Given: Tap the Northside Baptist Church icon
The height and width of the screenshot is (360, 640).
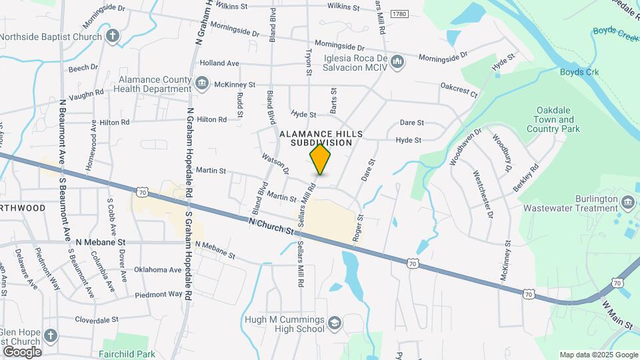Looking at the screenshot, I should point(113,36).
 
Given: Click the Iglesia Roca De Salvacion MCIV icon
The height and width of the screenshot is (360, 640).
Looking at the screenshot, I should point(397,63).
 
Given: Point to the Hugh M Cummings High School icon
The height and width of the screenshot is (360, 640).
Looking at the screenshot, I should point(334,324).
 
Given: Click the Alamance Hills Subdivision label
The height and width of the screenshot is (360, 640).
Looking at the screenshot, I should point(321,138).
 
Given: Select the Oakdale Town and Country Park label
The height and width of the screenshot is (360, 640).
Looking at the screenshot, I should point(557,119).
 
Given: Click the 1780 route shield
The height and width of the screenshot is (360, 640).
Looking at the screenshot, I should point(399,13).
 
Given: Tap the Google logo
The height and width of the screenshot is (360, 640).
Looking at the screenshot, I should point(21,351).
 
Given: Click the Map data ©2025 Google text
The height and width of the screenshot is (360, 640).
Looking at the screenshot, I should point(599,355).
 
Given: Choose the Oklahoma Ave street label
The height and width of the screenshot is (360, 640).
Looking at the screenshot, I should point(157,270).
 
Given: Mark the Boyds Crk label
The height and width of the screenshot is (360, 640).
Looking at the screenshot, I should point(578,72).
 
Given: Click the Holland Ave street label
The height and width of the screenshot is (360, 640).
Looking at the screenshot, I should point(219,63).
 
